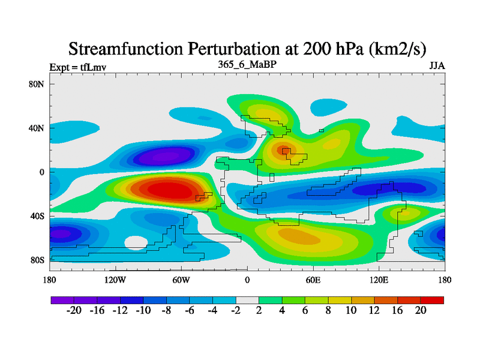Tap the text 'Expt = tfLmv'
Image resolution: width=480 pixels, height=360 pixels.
pyautogui.click(x=77, y=67)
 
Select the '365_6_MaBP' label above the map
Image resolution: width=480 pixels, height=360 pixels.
pyautogui.click(x=247, y=64)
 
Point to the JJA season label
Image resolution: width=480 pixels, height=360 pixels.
pyautogui.click(x=437, y=66)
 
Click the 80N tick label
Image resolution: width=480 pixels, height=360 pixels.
pyautogui.click(x=37, y=84)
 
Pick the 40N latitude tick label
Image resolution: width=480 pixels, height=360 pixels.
pyautogui.click(x=37, y=128)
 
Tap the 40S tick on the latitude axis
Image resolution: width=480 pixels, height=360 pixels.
pyautogui.click(x=38, y=216)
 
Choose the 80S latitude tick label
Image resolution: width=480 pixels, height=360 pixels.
pyautogui.click(x=38, y=260)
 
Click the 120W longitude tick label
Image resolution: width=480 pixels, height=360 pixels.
pyautogui.click(x=115, y=280)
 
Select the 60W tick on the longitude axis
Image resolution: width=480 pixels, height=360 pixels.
pyautogui.click(x=181, y=280)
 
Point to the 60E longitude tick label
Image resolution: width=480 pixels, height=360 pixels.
pyautogui.click(x=313, y=280)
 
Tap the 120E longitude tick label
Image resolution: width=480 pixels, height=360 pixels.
pyautogui.click(x=379, y=280)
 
